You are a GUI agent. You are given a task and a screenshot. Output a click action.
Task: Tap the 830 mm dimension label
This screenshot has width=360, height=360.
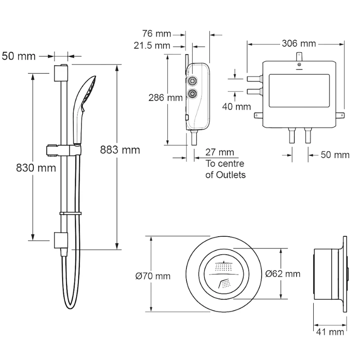tap(36, 168)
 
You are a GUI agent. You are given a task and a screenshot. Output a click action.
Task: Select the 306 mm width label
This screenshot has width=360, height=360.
tap(298, 44)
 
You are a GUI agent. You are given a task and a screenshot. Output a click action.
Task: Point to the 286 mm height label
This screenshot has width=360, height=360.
tap(163, 98)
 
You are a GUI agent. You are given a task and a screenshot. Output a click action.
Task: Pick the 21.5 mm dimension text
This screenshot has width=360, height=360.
tap(152, 45)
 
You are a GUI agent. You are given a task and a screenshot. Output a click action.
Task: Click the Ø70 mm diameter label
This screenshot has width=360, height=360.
tap(153, 276)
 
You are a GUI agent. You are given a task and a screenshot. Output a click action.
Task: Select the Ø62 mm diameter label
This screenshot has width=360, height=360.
tap(283, 274)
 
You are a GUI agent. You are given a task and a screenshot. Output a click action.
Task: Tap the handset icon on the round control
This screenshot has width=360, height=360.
tap(224, 284)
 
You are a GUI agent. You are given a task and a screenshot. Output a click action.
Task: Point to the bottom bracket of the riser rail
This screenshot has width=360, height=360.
tap(61, 240)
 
